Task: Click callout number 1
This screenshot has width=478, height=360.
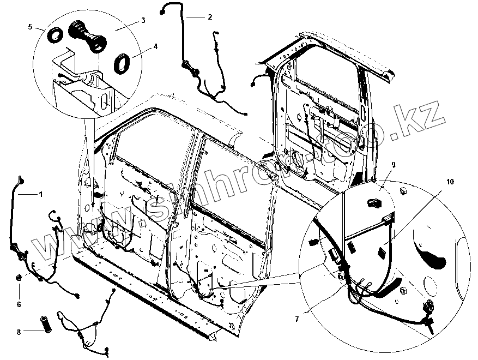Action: coord(39,194)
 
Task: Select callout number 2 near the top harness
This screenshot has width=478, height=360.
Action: coord(209,17)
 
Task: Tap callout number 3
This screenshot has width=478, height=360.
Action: coord(142,20)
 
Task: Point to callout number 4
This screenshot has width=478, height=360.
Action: coord(155,46)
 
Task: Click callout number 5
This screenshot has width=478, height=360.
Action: coord(31,26)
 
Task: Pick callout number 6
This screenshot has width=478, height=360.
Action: coord(19,304)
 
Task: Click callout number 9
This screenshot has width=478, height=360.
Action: coord(393,164)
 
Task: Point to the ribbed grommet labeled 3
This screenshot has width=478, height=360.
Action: coord(87,37)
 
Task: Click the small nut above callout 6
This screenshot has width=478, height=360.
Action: coord(20,278)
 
